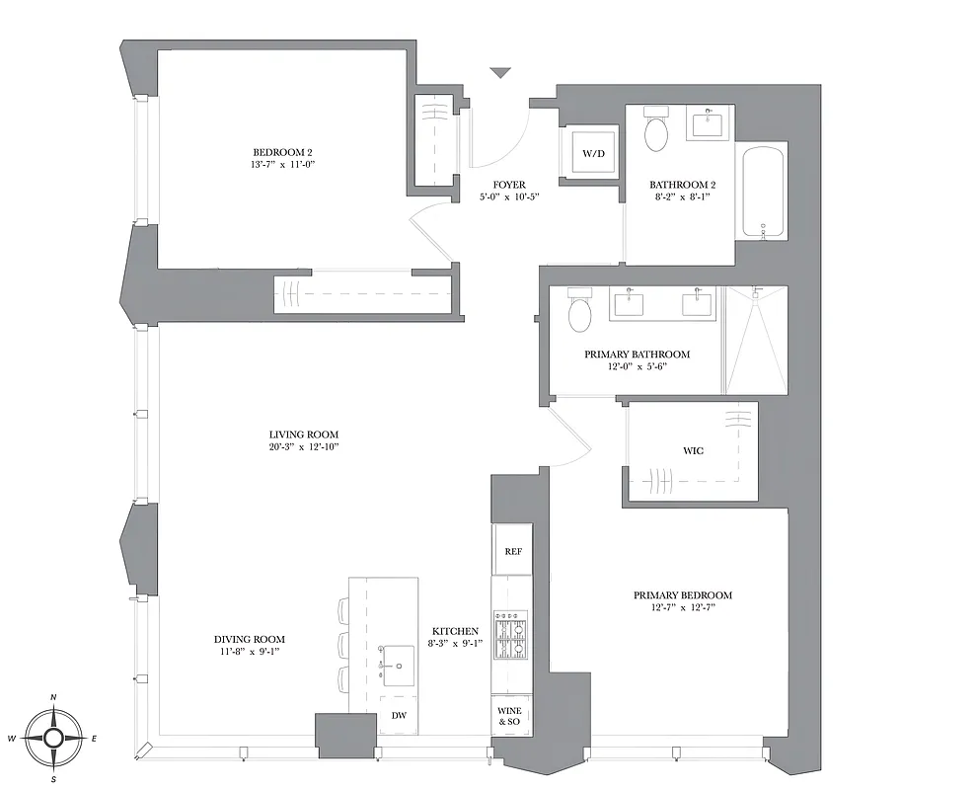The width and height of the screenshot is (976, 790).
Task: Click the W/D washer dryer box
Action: tap(592, 154)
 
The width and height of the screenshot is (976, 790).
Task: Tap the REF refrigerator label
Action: tap(512, 552)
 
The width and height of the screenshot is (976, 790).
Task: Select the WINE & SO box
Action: tap(509, 716)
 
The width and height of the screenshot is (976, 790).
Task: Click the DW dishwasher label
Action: tap(399, 715)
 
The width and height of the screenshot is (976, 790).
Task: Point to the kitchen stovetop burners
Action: tap(511, 637)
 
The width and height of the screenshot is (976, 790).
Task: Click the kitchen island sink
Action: tap(400, 666)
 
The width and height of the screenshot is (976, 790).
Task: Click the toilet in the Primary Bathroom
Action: tap(579, 314)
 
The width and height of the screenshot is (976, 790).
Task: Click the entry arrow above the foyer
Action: tap(500, 73)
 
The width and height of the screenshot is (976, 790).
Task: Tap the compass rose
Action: tap(53, 737)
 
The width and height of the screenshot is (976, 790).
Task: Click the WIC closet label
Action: tap(693, 451)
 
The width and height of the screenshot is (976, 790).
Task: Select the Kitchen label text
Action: tap(455, 631)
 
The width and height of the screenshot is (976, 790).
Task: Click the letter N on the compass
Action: tap(53, 698)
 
